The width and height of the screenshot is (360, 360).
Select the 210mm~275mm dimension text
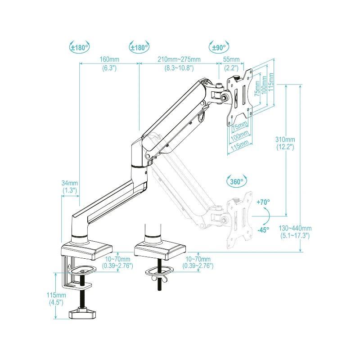click(x=179, y=59)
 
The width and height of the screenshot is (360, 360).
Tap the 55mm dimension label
click(x=231, y=59)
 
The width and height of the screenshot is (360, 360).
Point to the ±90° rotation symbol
click(x=219, y=46)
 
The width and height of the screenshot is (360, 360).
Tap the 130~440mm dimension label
click(x=295, y=228)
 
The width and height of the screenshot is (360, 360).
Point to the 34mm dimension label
click(x=70, y=183)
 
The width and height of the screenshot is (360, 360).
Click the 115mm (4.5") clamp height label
click(x=57, y=295)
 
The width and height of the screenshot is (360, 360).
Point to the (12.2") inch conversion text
click(x=285, y=147)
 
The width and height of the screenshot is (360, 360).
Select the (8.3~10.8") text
click(x=179, y=68)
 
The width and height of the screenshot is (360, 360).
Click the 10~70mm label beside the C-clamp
click(x=118, y=259)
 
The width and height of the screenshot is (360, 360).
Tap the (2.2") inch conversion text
click(x=231, y=68)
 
